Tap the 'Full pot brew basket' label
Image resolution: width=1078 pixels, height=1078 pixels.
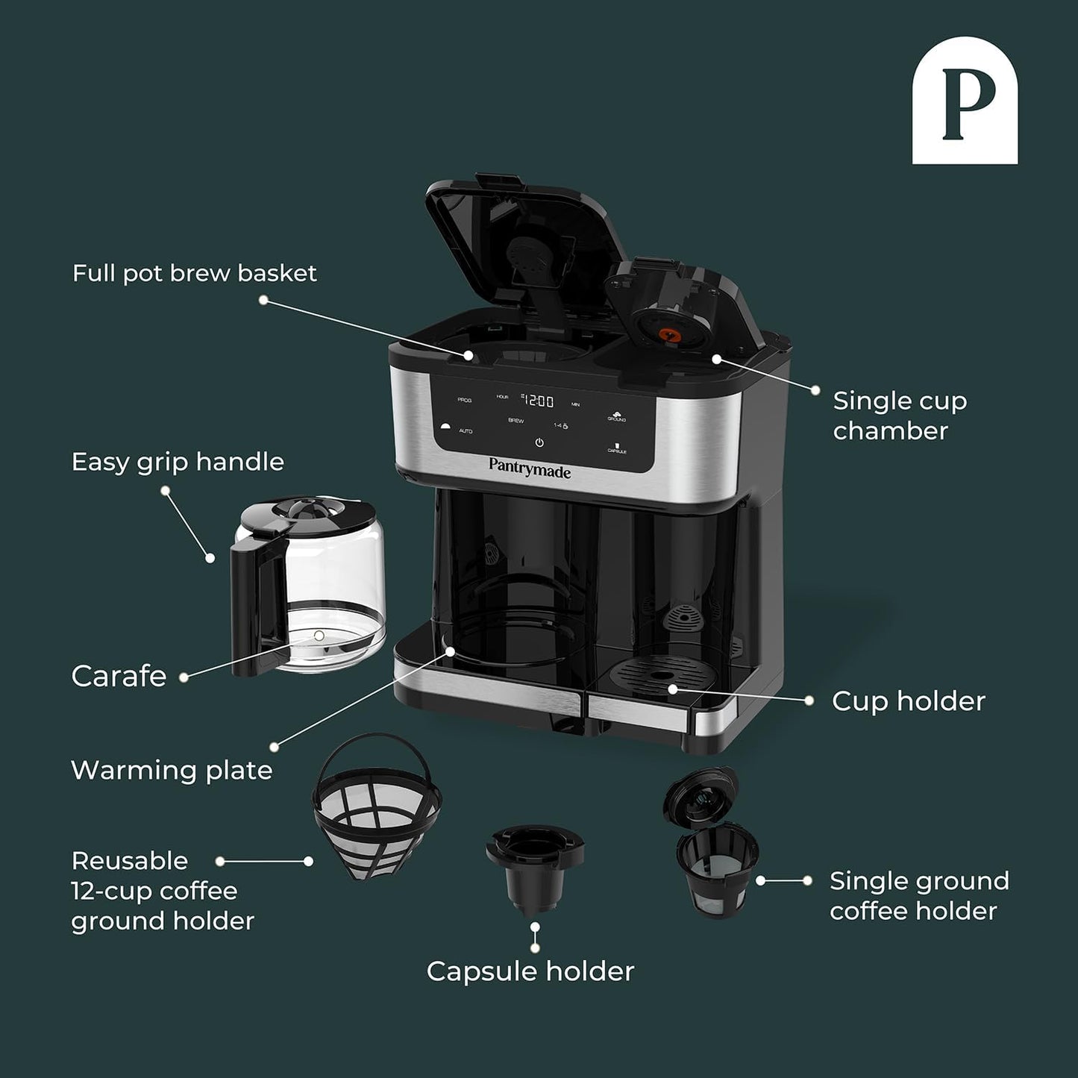194,273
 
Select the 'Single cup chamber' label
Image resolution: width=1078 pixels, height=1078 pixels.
899,416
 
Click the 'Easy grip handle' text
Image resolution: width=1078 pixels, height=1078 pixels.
178,462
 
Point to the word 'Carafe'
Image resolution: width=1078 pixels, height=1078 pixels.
119,676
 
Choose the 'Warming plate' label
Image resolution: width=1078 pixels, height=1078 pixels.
172,770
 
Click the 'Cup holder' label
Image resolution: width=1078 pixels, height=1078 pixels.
908,701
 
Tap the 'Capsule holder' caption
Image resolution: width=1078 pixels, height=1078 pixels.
530,971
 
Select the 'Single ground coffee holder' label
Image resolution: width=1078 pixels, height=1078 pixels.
918,895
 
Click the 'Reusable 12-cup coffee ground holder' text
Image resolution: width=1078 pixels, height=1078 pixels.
162,891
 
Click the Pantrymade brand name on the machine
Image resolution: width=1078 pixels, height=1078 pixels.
530,469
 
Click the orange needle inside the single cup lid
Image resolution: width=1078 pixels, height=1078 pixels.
667,336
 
